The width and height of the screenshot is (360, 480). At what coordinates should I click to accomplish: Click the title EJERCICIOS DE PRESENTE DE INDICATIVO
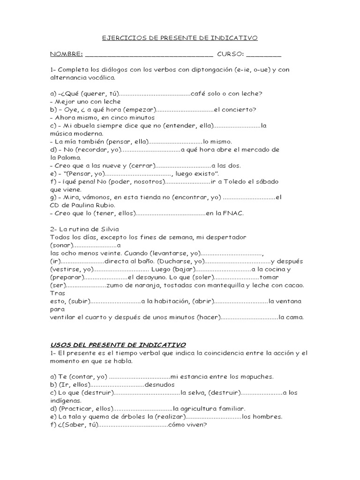coord(180,38)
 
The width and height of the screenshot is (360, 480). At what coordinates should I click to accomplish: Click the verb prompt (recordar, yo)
coord(98,150)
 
